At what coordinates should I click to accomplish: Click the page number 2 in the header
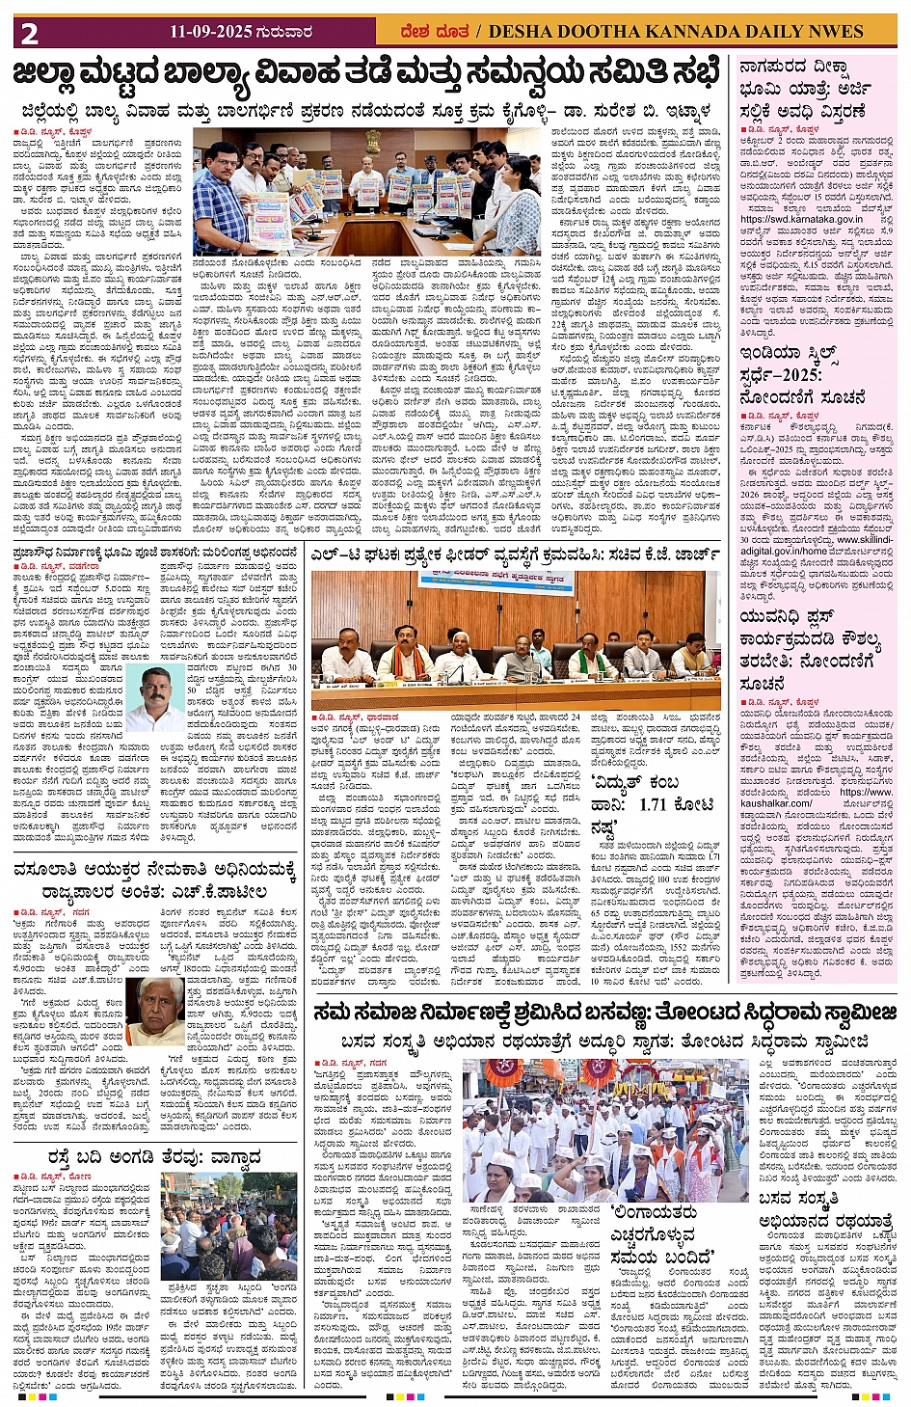[29, 33]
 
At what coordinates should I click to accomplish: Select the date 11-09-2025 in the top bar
[210, 32]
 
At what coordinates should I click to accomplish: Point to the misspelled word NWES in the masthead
[831, 32]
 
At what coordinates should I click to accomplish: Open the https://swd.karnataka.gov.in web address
[801, 219]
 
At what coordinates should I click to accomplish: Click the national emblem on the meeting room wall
[372, 142]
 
